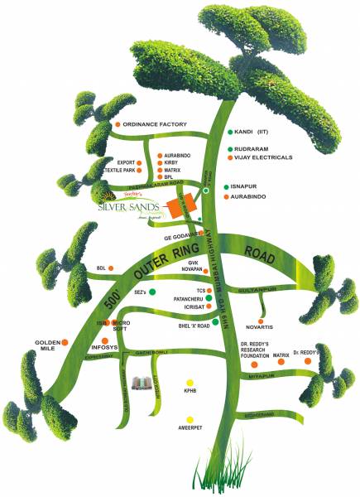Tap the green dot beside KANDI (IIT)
229,132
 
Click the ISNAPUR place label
251,188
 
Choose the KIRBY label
171,162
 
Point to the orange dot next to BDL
113,268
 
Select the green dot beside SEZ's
152,292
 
